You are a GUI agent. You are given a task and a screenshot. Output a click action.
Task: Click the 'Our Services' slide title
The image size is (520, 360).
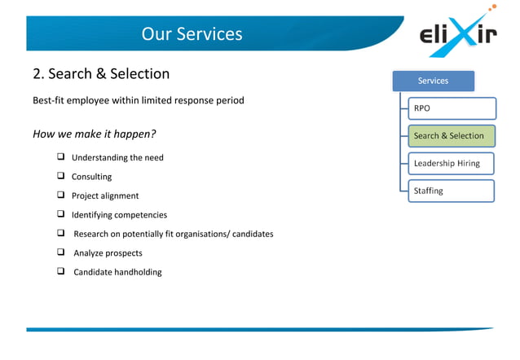[192, 34]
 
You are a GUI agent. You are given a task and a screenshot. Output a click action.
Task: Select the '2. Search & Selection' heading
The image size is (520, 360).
[101, 74]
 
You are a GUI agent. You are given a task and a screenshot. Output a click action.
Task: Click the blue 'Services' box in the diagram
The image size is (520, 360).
[433, 81]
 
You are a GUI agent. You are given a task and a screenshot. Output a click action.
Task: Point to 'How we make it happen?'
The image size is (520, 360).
[95, 134]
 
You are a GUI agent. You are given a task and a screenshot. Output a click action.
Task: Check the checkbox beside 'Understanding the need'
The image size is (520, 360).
[61, 157]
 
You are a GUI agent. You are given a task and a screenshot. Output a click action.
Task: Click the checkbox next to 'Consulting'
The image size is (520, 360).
[61, 176]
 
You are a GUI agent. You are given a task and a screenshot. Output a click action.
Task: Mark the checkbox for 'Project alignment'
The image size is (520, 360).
[61, 195]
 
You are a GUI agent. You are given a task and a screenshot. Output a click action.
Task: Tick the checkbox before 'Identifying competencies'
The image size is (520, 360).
[61, 214]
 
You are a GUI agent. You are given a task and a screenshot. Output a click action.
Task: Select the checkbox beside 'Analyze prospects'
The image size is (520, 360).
[61, 252]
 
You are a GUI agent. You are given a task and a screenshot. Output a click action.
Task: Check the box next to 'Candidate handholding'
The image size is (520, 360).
[61, 271]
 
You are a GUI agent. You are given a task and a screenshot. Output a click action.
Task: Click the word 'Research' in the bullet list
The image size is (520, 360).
[93, 234]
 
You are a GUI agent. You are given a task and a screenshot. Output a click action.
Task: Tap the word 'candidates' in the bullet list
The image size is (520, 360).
[253, 234]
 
